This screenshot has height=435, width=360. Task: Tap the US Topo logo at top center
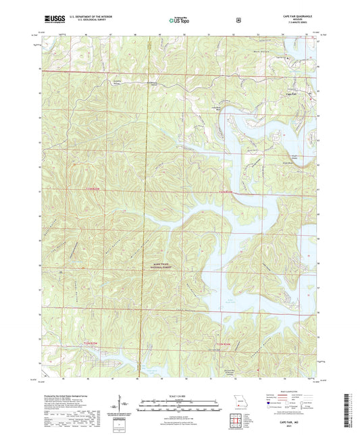[179, 20]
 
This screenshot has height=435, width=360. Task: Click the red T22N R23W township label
[224, 344]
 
